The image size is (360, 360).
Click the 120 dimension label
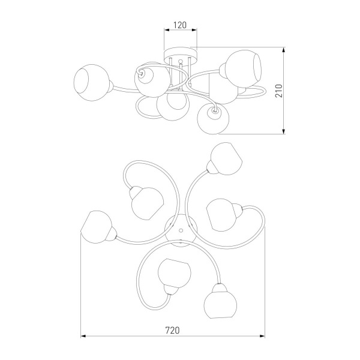(x=180, y=25)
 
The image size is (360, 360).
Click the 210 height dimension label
(x=279, y=91)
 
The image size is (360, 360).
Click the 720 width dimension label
(x=172, y=331)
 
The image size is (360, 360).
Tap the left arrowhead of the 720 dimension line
(x=83, y=336)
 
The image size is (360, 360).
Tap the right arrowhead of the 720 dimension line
(x=262, y=336)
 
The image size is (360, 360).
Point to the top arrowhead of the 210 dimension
(x=284, y=50)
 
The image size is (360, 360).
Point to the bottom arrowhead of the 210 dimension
(x=284, y=131)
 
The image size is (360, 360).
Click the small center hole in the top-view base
(x=181, y=230)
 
